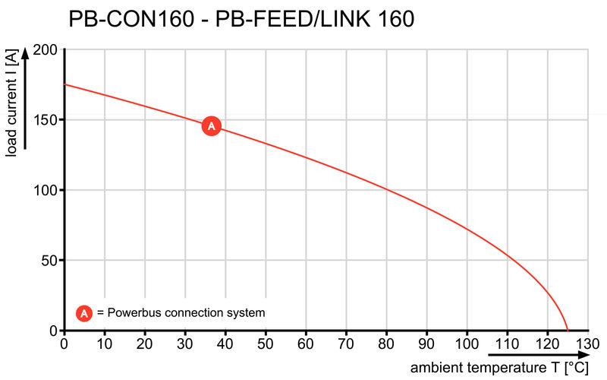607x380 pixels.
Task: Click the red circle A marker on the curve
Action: tap(211, 126)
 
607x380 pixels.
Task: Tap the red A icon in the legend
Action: tap(84, 312)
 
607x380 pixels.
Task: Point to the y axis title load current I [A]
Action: tap(12, 106)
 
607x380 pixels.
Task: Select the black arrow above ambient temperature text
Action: tap(536, 354)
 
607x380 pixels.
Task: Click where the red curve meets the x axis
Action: tap(567, 331)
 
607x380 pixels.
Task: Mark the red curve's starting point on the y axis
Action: tap(64, 84)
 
